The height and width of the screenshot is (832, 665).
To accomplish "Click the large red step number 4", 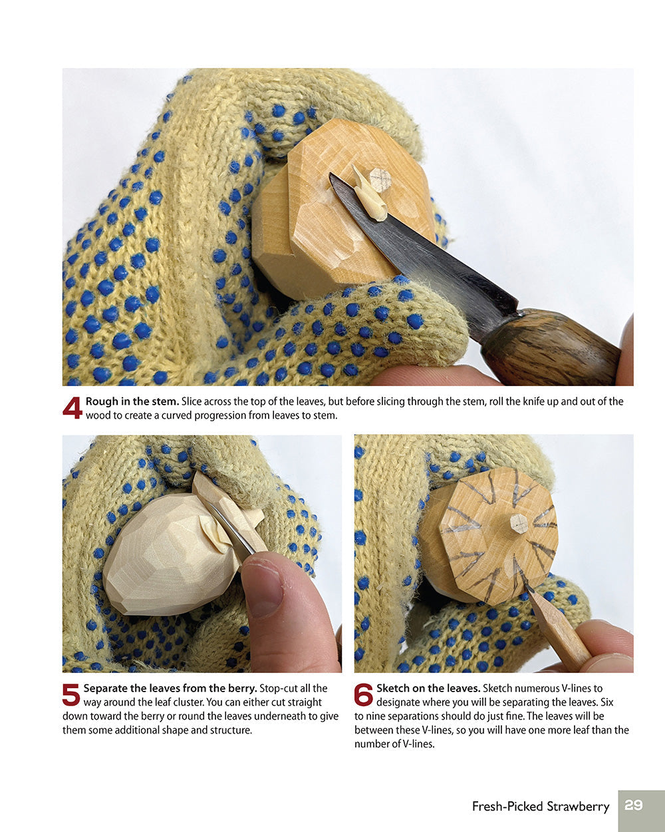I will click(72, 407).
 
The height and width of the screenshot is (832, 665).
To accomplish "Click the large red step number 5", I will click(71, 695).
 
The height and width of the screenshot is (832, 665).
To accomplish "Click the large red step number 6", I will click(363, 695).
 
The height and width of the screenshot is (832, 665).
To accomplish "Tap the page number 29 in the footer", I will click(633, 805).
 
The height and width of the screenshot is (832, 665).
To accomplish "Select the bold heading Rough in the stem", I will click(132, 401).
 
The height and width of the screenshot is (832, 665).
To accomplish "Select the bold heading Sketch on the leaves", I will click(428, 688).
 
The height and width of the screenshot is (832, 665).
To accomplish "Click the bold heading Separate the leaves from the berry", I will click(170, 688).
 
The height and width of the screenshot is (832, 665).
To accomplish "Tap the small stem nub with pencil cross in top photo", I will click(380, 178).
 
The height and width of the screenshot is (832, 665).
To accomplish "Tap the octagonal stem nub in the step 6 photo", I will click(519, 524).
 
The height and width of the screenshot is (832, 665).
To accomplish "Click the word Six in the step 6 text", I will click(606, 702).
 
